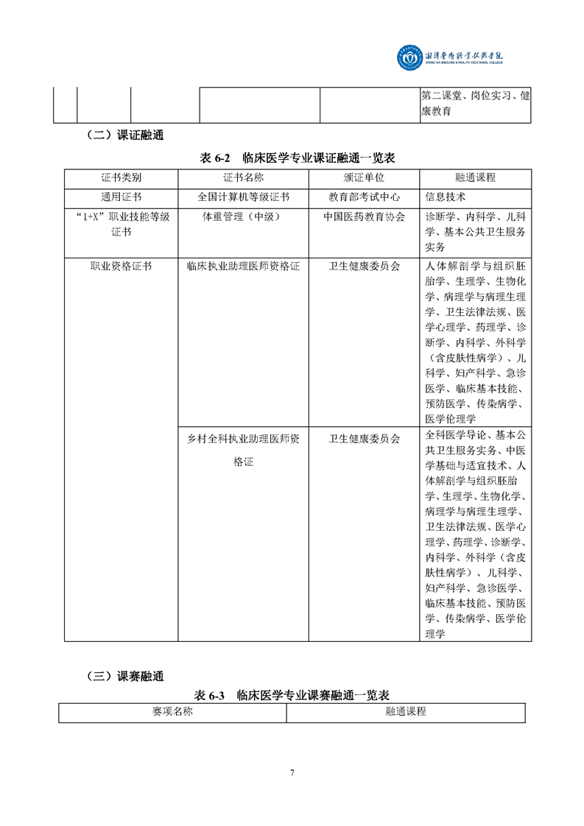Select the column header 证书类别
pos(121,178)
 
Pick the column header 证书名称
pos(243,178)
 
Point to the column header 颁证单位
pos(364,178)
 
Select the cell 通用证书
pos(121,197)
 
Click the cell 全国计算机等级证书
pos(243,197)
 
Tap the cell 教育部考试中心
pos(364,197)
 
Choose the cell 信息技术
pos(446,197)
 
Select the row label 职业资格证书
pos(121,266)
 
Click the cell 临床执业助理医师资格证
pos(243,266)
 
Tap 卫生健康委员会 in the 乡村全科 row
pos(364,438)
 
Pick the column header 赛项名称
pos(172,712)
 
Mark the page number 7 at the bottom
pos(292,772)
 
